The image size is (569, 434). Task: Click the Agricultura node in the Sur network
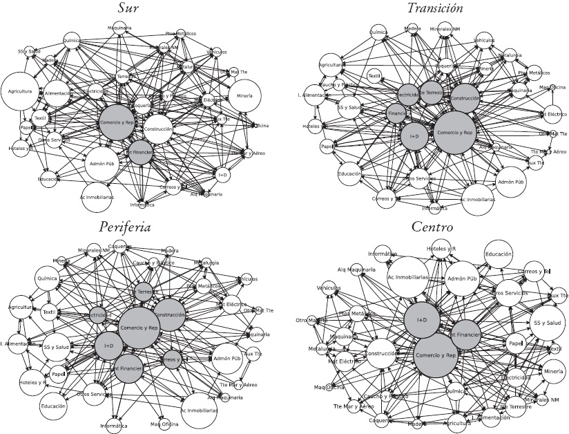click(21, 91)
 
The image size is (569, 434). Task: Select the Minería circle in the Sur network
click(243, 95)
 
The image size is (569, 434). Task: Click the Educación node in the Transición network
click(351, 174)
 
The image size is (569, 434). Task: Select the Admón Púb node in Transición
click(512, 182)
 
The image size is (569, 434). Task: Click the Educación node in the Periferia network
click(53, 406)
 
